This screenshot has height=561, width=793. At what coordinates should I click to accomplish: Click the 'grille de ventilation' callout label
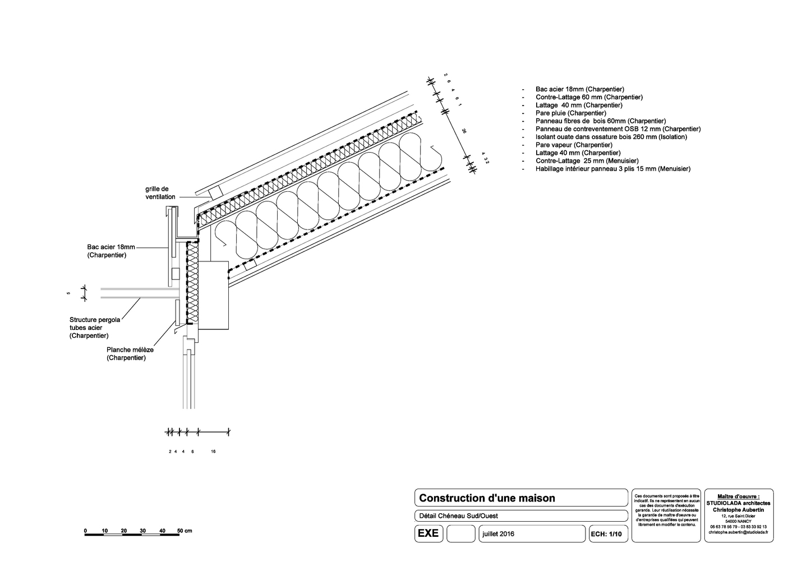click(x=160, y=193)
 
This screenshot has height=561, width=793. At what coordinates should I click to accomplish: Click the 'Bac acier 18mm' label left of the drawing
click(x=110, y=251)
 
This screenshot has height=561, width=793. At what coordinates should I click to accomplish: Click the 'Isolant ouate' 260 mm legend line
click(x=611, y=137)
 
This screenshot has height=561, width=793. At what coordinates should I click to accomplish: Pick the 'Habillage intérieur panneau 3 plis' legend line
click(x=612, y=169)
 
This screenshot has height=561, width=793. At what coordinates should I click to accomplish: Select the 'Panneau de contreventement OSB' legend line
click(x=617, y=129)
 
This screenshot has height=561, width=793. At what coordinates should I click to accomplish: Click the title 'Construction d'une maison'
click(x=487, y=498)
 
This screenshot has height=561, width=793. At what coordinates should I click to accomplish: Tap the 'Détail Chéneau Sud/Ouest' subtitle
click(x=458, y=516)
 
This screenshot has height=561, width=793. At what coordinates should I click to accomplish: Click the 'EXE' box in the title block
click(x=428, y=534)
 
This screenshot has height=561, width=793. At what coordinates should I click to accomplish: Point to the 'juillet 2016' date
click(x=498, y=534)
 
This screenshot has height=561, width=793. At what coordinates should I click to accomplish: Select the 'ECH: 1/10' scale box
click(x=606, y=535)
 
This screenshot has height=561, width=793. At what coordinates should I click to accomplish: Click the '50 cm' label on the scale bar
click(x=185, y=531)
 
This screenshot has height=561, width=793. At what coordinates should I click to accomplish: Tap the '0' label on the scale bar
click(x=85, y=531)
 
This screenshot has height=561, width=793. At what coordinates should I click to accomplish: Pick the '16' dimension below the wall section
click(x=213, y=452)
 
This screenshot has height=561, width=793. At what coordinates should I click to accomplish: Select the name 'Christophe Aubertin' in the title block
click(x=738, y=509)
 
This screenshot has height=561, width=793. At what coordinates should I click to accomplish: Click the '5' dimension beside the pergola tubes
click(x=68, y=293)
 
